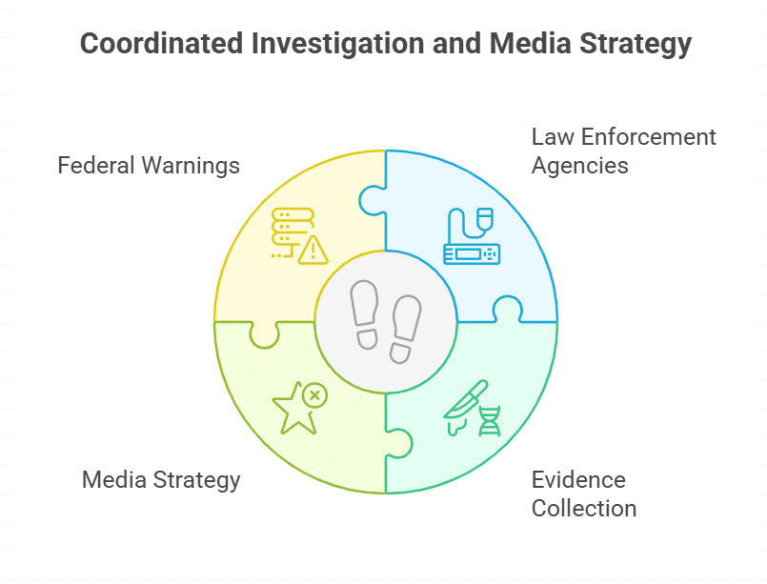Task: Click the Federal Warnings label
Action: coord(149,165)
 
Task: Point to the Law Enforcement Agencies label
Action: coord(623,151)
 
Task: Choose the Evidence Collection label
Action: coord(583,493)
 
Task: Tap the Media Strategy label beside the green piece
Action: coord(161,479)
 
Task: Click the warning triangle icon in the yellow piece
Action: coord(313,251)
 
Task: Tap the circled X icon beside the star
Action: coord(314,394)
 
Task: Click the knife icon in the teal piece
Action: coord(464,404)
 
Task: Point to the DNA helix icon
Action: coord(489,419)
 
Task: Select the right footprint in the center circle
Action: coord(406,326)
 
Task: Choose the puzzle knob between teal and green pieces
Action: coord(400,444)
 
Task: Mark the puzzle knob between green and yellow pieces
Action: coord(263,334)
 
